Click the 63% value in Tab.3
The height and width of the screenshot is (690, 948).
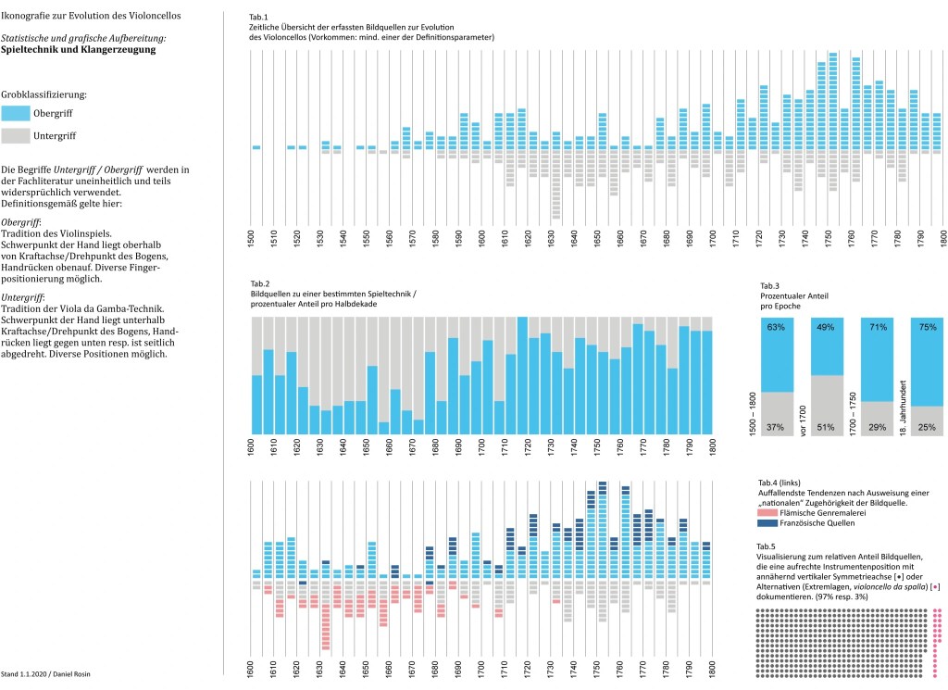[776, 327]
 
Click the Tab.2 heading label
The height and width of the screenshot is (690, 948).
[260, 282]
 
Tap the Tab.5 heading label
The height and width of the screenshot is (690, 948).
[767, 546]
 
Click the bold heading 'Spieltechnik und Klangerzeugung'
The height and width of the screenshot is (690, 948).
[79, 49]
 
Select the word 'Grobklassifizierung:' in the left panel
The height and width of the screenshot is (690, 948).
[44, 94]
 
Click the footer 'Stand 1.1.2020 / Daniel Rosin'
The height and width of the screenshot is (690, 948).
[45, 675]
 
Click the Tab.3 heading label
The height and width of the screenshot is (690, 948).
[769, 285]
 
